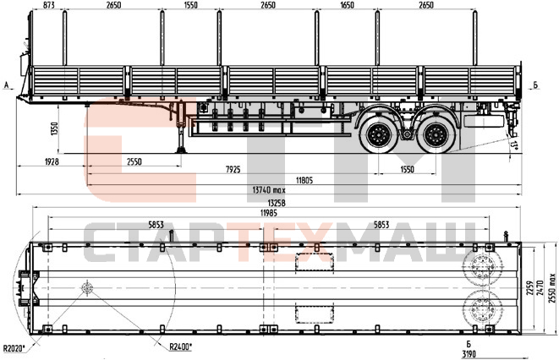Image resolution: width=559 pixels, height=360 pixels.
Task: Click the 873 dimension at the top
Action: [49, 6]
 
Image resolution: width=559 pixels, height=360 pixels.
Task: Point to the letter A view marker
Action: [7, 85]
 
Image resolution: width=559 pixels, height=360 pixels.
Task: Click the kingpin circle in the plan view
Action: [86, 289]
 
